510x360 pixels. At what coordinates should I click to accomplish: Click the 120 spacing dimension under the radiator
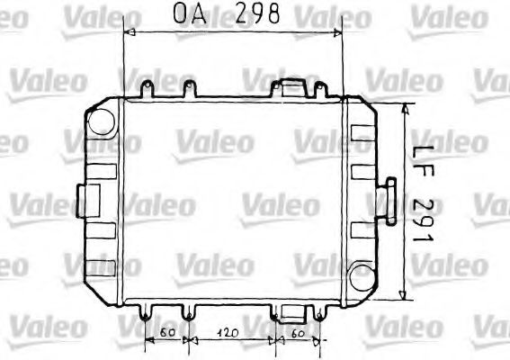pyautogui.click(x=230, y=332)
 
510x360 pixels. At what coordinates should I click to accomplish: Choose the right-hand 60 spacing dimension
pyautogui.click(x=299, y=332)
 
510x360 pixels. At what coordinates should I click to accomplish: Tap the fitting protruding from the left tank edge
pyautogui.click(x=89, y=197)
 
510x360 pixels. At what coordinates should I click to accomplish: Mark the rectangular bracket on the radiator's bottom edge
pyautogui.click(x=292, y=312)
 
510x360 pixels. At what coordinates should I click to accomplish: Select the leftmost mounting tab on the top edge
pyautogui.click(x=146, y=90)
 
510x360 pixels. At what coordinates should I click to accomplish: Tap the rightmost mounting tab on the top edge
pyautogui.click(x=318, y=88)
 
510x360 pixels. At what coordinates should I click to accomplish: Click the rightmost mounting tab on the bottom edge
pyautogui.click(x=319, y=312)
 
